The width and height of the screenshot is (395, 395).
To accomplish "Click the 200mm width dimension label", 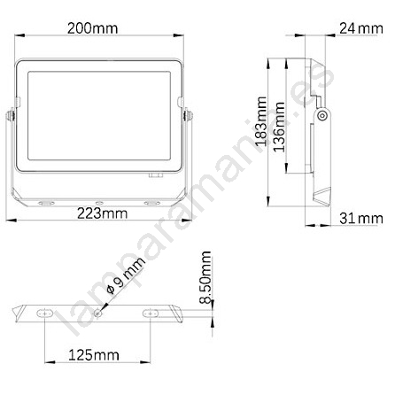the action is (x=93, y=28).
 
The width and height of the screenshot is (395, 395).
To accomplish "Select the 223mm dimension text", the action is (x=103, y=213).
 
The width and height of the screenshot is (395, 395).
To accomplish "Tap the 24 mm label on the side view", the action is (x=361, y=28).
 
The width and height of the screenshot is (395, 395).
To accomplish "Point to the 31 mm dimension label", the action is (x=361, y=219).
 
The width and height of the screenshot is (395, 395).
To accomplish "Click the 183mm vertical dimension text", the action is (x=261, y=121).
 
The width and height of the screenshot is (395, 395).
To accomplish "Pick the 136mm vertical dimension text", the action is (x=279, y=127).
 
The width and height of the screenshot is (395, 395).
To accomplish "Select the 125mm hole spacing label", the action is (x=94, y=355).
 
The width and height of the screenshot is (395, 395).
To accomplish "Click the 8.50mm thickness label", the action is (x=205, y=277).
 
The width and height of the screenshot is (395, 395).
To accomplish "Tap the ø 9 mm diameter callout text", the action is (x=126, y=275).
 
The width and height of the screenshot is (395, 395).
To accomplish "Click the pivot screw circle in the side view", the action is (x=322, y=115).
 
